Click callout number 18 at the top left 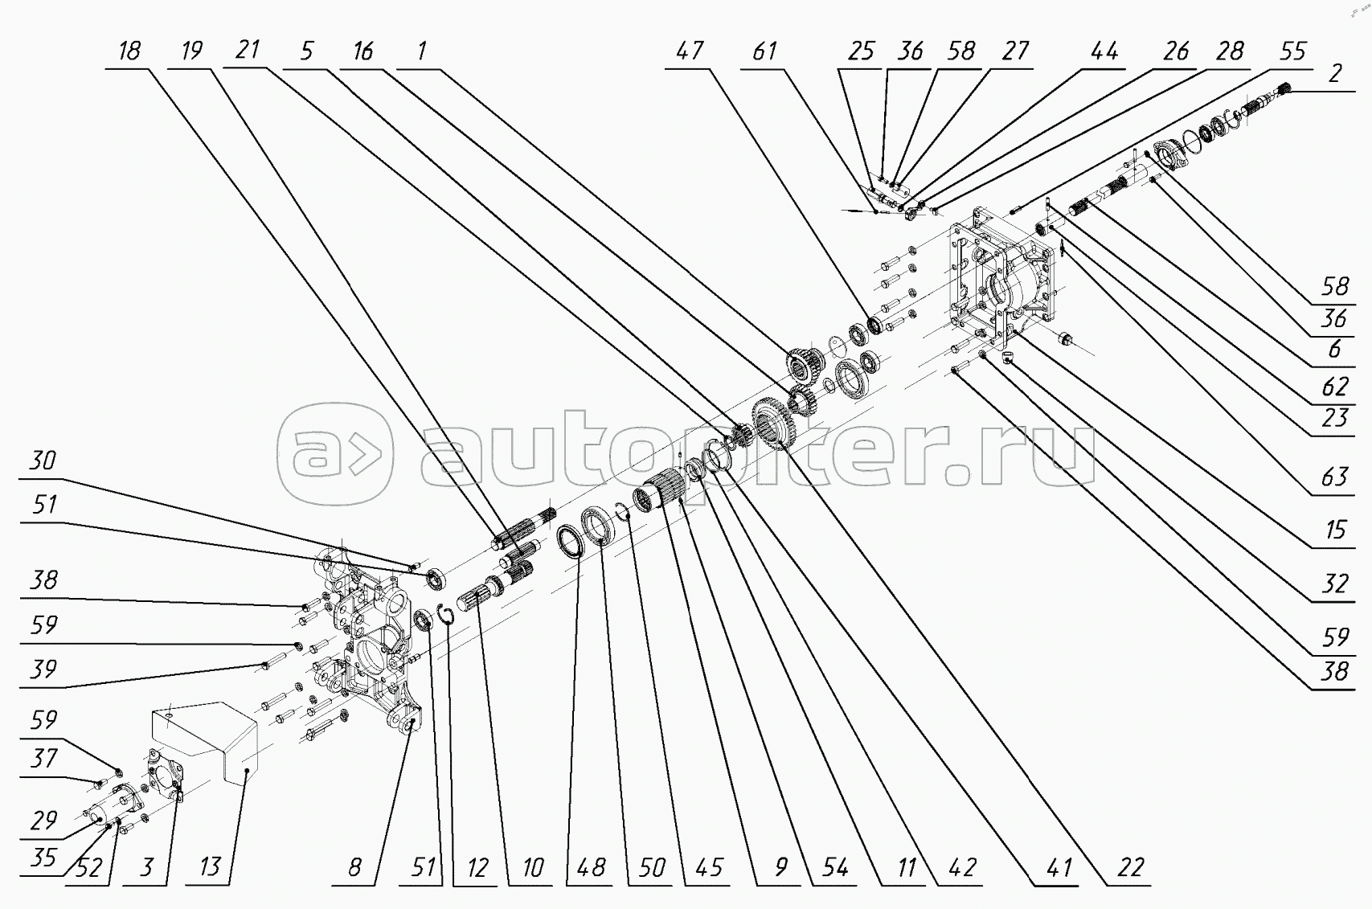129,51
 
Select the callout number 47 690,51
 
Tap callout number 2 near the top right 1334,73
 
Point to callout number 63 1334,477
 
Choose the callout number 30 43,461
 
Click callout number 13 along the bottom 210,868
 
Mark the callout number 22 1130,868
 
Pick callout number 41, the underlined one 1059,868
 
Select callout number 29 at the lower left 43,821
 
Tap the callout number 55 1292,51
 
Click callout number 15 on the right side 1334,530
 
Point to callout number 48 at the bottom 592,868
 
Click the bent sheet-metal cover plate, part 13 205,739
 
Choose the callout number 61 764,51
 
